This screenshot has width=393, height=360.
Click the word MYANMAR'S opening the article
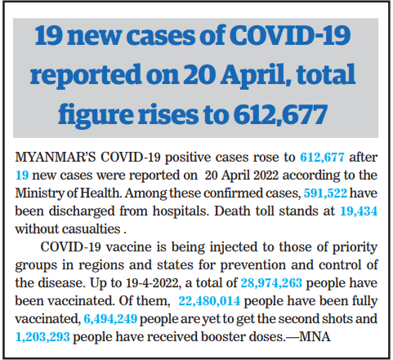click(x=56, y=158)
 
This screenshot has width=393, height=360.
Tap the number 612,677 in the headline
click(x=280, y=115)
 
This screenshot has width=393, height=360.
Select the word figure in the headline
click(x=96, y=116)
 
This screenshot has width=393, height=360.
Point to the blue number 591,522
click(x=325, y=193)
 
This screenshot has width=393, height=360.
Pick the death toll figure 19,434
click(x=359, y=211)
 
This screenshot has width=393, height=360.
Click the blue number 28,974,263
click(x=271, y=283)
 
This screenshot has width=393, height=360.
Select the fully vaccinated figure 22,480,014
click(x=209, y=301)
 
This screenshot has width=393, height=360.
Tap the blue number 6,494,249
click(x=110, y=319)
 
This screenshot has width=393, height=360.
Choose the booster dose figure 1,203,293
click(x=42, y=337)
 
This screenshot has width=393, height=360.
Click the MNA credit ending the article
click(x=315, y=337)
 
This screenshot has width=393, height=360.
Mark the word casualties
click(x=92, y=229)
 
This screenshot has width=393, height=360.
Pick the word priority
click(x=355, y=248)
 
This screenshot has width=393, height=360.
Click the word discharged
click(x=82, y=211)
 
